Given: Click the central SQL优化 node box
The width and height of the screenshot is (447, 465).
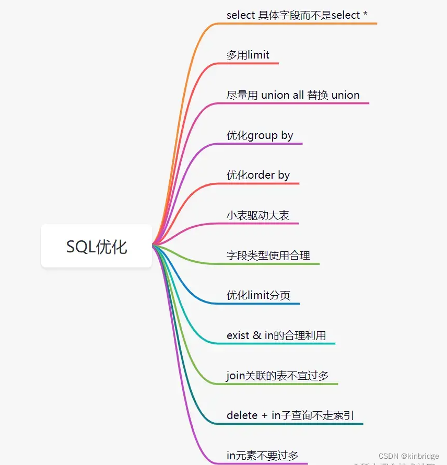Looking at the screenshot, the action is point(97,246).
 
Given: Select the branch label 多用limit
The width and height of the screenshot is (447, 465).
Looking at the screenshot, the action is point(248,55).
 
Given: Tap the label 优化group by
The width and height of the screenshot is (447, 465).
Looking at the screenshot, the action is point(260,135).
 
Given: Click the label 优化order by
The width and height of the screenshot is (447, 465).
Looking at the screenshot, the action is point(258,175).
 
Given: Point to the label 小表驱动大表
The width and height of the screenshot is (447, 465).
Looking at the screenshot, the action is point(257,215).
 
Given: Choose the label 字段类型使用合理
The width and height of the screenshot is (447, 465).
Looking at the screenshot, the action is point(268,255).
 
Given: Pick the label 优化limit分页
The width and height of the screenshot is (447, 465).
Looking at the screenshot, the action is point(258,295).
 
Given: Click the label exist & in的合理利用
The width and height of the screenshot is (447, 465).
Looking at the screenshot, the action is point(276,335).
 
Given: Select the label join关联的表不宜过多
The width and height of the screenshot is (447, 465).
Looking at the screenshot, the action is point(277,376).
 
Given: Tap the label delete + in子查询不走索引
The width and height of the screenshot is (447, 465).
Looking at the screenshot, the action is point(290,415).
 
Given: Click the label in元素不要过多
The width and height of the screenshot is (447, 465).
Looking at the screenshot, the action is point(262,456).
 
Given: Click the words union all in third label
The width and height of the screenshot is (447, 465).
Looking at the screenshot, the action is point(283,95).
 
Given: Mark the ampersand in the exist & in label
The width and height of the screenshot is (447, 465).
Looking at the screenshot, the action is point(257,335).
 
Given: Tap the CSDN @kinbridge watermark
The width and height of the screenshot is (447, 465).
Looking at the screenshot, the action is point(409,456).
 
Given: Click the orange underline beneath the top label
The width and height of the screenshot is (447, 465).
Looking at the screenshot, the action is point(298,24).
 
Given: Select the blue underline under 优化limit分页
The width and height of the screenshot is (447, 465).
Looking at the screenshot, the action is point(261,304).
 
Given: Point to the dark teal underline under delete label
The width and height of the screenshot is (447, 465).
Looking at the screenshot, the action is point(292,424).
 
